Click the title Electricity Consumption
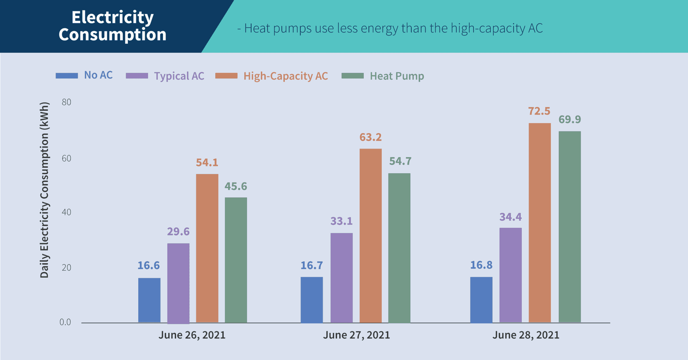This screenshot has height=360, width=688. tap(113, 26)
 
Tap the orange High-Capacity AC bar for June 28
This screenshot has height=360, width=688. tap(540, 222)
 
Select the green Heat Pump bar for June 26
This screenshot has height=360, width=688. tap(236, 260)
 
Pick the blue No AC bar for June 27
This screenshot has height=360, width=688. tap(312, 299)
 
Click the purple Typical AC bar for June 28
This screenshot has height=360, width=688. tap(511, 275)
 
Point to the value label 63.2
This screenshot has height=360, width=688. tap(371, 137)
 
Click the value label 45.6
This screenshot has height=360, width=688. tap(236, 186)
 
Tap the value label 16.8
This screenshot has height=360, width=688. tap(481, 265)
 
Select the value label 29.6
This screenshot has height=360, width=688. tap(178, 232)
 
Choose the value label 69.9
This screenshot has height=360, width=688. tap(570, 119)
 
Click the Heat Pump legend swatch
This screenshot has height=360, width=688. tap(353, 76)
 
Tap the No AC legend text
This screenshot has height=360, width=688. tap(98, 75)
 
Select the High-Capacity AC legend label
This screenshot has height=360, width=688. tap(286, 76)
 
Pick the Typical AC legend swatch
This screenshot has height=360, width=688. tap(137, 76)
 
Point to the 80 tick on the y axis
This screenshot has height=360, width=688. tap(66, 102)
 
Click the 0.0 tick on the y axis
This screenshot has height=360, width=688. tap(65, 322)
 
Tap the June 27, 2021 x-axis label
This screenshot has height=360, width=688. tap(356, 335)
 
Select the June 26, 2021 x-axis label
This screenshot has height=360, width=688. tap(192, 335)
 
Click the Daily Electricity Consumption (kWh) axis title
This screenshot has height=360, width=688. tap(44, 190)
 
